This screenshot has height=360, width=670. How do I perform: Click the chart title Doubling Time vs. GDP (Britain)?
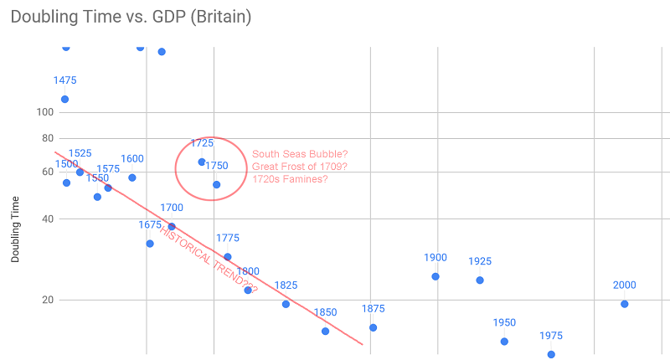(x=131, y=17)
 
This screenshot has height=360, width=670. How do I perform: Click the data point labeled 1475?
(x=64, y=100)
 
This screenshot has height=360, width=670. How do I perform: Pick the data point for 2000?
(x=624, y=304)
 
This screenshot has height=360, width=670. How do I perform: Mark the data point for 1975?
(x=551, y=354)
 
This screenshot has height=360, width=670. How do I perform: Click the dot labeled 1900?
(x=435, y=276)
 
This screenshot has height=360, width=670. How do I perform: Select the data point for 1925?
(x=480, y=280)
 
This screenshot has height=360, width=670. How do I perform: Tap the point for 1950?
(x=504, y=341)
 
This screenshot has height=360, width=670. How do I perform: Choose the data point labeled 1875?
(x=373, y=327)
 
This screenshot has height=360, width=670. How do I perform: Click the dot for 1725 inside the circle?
(x=202, y=162)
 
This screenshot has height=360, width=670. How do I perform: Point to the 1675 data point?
(x=150, y=244)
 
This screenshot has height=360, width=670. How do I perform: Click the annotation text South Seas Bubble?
(x=300, y=153)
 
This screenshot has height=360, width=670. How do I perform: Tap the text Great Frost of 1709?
(x=300, y=166)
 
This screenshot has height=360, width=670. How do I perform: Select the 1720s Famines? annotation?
(x=290, y=179)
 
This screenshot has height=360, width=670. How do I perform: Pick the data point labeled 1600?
(x=131, y=177)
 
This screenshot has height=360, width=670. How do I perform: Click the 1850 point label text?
(x=325, y=313)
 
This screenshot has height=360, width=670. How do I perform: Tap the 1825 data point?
(x=286, y=304)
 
